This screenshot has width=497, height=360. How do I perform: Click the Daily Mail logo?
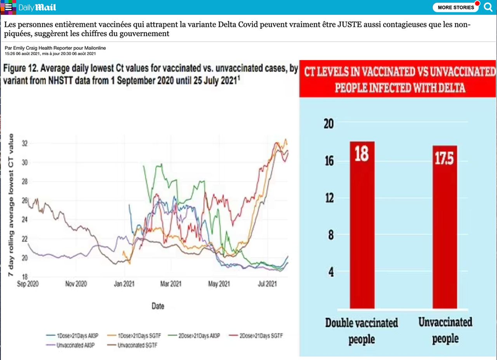pos(37,7)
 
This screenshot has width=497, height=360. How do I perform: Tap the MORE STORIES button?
pos(452,7)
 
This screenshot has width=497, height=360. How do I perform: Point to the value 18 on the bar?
pos(361,153)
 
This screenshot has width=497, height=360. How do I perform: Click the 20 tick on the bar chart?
pos(328,124)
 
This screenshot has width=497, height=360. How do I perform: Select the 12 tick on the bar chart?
pos(328,198)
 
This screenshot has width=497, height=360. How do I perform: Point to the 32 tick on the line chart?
pos(25,144)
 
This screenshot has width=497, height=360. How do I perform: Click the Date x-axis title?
pos(158,306)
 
